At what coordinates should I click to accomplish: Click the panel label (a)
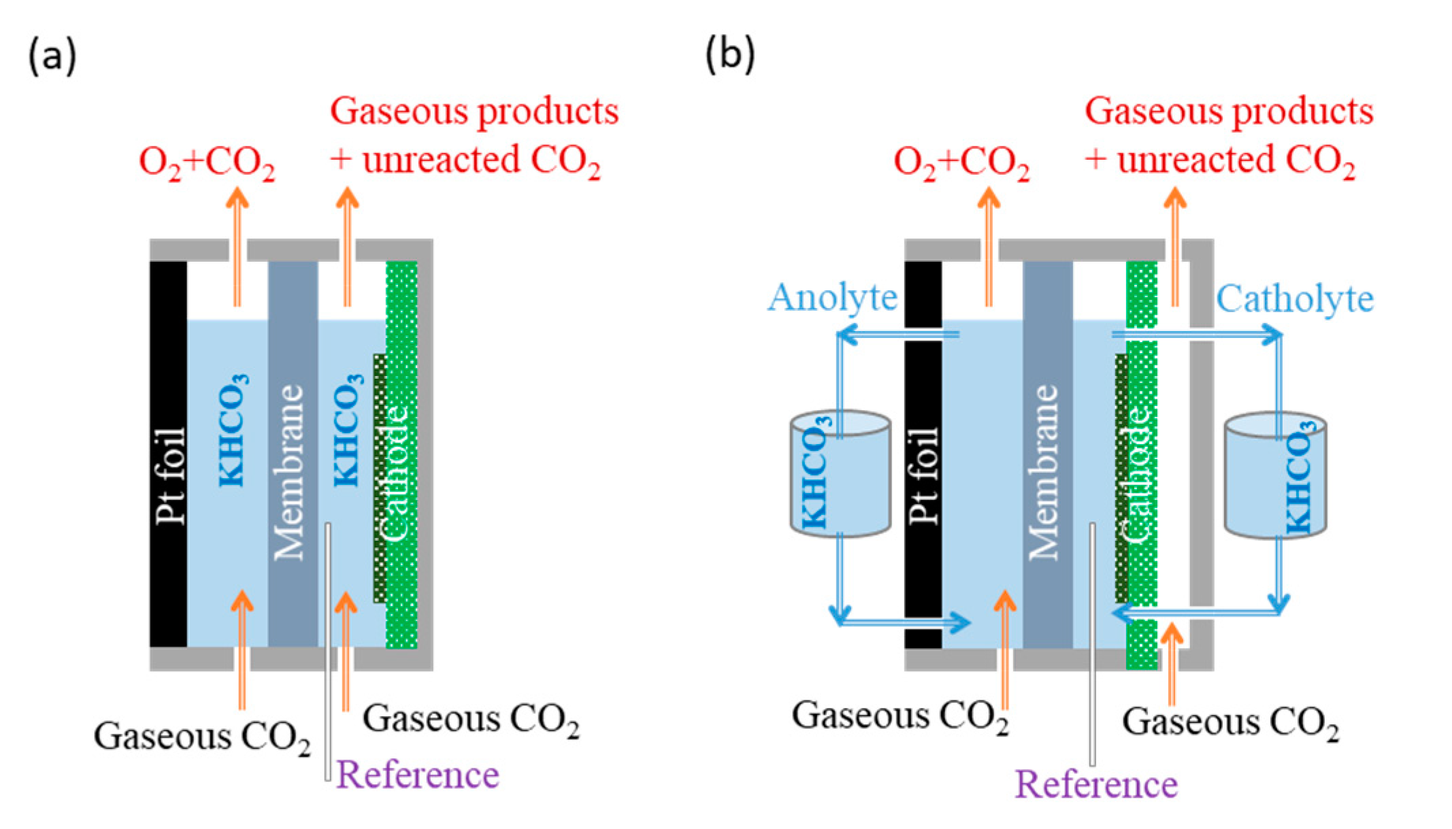(x=52, y=56)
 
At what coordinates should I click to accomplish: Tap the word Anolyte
(x=833, y=298)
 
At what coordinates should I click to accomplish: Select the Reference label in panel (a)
(x=417, y=775)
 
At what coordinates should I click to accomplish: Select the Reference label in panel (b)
(x=1096, y=785)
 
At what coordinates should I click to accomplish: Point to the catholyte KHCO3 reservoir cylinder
(x=1274, y=476)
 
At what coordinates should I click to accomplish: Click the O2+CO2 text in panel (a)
(x=207, y=163)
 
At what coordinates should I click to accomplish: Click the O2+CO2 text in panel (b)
(x=961, y=163)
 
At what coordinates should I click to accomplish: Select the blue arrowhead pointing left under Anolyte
(x=846, y=334)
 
